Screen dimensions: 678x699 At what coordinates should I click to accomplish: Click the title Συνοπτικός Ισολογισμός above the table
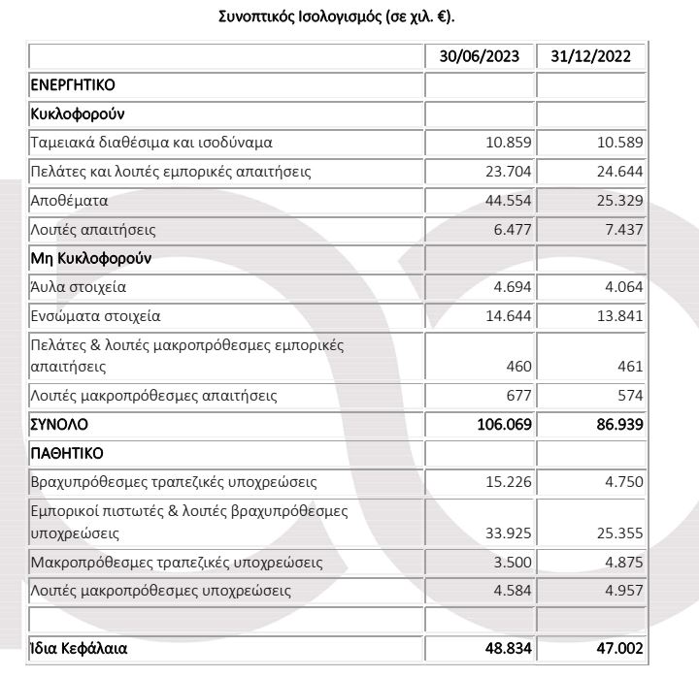pyautogui.click(x=349, y=17)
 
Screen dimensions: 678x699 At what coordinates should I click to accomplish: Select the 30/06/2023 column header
pyautogui.click(x=479, y=57)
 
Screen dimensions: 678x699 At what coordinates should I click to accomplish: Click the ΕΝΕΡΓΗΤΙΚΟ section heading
pyautogui.click(x=74, y=85)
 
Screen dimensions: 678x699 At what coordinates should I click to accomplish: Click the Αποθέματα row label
pyautogui.click(x=71, y=202)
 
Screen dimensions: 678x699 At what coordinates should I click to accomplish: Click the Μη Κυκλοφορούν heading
pyautogui.click(x=91, y=259)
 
